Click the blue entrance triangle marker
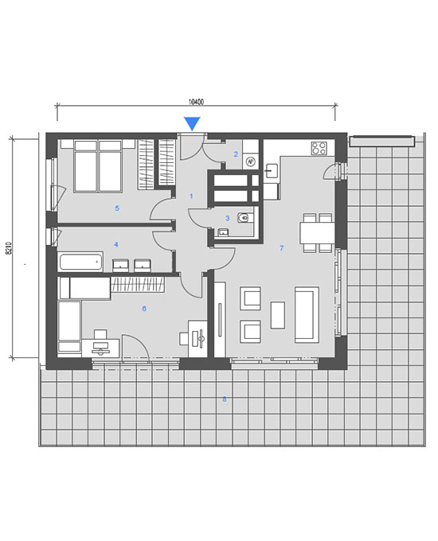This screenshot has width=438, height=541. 192,123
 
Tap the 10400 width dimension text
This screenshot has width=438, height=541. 196,102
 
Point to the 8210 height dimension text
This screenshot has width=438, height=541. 9,248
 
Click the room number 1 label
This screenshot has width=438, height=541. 191,196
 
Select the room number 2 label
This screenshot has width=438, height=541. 236,154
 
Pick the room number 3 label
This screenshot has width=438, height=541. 227,218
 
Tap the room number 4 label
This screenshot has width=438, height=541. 116,244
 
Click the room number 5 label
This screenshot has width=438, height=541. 117,208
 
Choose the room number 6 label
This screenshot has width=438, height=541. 144,309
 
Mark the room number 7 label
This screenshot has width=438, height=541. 282,247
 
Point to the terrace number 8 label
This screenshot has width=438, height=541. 225,399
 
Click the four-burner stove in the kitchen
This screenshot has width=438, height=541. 319,148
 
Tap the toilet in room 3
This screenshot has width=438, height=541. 245,218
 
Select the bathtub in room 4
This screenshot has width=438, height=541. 81,262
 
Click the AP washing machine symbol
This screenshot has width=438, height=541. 250,162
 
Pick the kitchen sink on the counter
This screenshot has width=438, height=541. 272,171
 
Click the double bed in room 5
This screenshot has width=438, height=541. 98,165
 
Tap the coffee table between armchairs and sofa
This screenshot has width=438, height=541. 278,315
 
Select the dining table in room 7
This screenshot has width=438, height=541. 317,233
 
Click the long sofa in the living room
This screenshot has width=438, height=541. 307,315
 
